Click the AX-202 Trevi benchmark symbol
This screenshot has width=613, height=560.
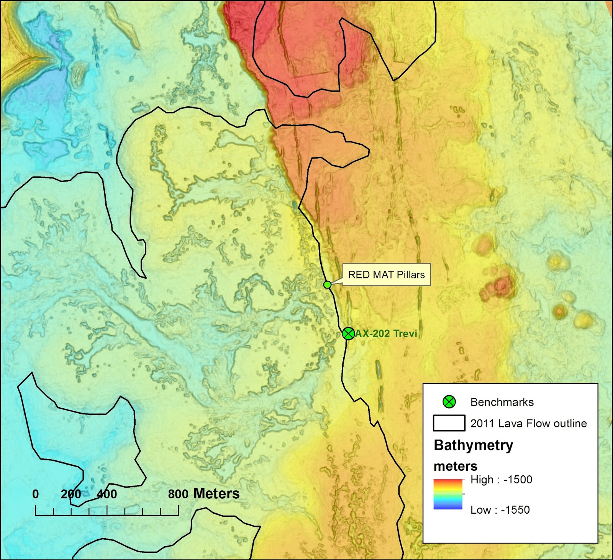click(348, 334)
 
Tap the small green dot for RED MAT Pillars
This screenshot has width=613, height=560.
click(327, 285)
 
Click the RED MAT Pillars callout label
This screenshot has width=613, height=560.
click(386, 275)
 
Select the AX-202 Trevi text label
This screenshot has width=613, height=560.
click(386, 334)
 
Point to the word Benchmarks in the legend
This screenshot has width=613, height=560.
click(502, 402)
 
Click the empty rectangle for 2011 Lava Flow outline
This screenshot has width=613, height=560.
click(449, 423)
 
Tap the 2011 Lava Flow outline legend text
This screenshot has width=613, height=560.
click(528, 423)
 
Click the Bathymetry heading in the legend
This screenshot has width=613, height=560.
click(473, 445)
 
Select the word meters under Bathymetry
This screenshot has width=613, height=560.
click(455, 466)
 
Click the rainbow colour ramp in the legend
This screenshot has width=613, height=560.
click(448, 494)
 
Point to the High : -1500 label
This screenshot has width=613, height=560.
click(501, 480)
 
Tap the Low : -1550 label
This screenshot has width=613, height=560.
click(500, 510)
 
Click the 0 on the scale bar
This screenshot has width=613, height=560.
click(36, 494)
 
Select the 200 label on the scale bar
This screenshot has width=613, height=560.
click(71, 494)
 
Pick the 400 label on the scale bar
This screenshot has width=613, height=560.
click(107, 494)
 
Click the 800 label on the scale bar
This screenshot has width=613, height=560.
click(178, 494)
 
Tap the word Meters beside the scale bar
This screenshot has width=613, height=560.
click(216, 494)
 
